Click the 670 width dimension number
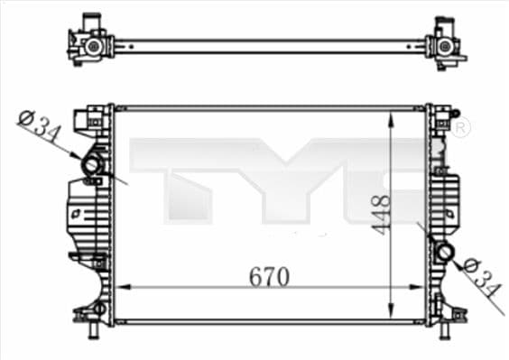tap(269, 277)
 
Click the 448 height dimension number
tap(380, 215)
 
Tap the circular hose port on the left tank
tap(92, 166)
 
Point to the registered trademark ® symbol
tap(460, 129)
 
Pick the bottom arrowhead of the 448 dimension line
tap(390, 310)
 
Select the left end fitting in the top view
tap(91, 42)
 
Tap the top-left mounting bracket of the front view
tap(93, 117)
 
